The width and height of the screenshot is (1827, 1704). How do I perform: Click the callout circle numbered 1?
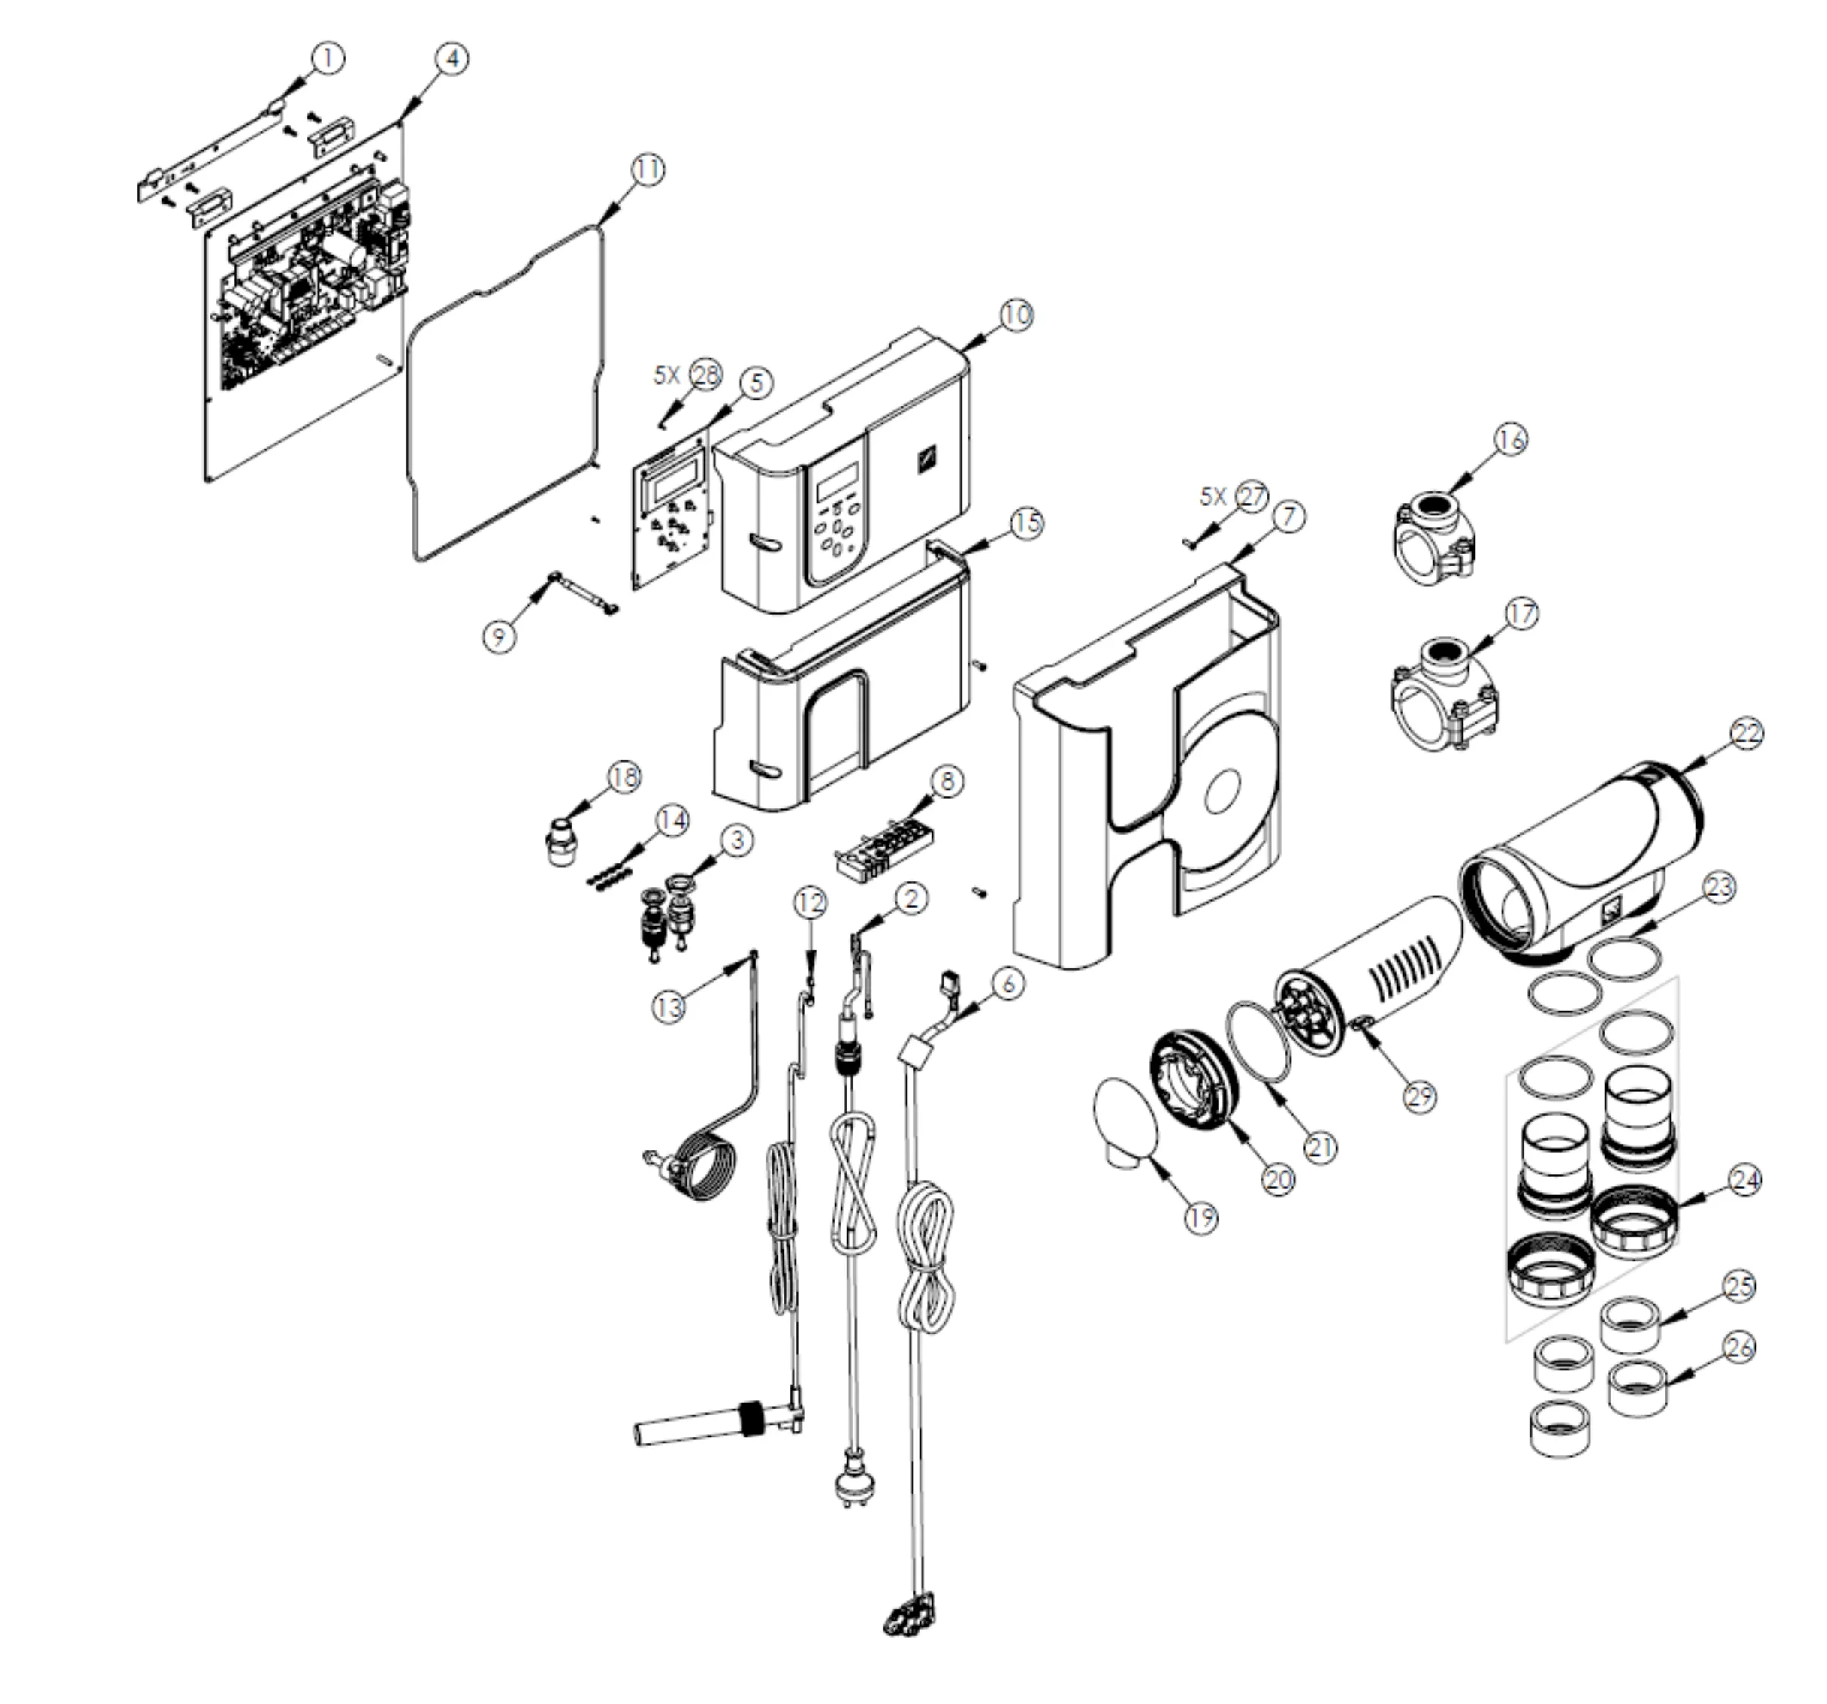[x=328, y=59]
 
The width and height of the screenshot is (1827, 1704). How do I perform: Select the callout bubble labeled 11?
[x=648, y=170]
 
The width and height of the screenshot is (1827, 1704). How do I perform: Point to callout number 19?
[x=1201, y=1219]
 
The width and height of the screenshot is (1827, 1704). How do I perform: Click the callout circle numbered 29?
[x=1420, y=1096]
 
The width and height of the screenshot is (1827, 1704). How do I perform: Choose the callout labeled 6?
[x=1008, y=984]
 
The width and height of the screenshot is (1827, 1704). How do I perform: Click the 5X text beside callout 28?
[x=667, y=375]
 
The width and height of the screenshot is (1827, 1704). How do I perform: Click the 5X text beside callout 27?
[x=1213, y=497]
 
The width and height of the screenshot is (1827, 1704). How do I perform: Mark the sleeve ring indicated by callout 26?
[x=1638, y=1388]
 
